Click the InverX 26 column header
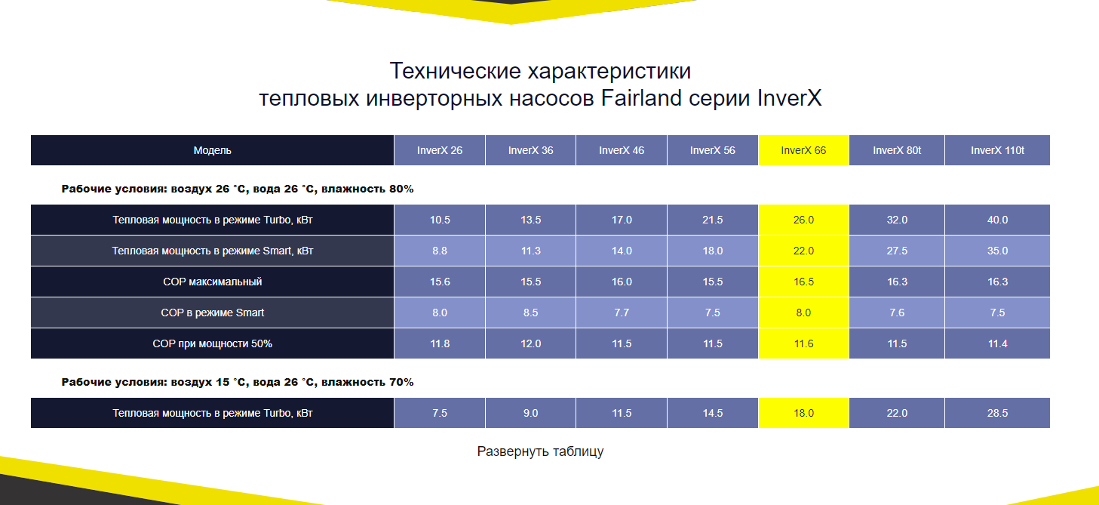click(x=440, y=150)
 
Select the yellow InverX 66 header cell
click(x=803, y=150)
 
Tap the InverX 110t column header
click(x=997, y=150)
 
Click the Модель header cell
click(x=212, y=150)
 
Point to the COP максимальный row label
click(x=212, y=282)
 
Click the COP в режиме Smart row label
click(x=212, y=313)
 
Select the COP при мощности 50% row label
click(x=212, y=343)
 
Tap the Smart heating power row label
click(x=212, y=251)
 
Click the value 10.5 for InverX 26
click(x=440, y=220)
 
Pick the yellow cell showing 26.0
click(x=803, y=220)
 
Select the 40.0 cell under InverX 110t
click(x=997, y=220)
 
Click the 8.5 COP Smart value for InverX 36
click(x=530, y=313)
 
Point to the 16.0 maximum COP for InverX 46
click(x=621, y=282)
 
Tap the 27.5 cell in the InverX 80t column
click(x=896, y=251)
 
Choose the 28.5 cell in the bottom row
click(x=997, y=413)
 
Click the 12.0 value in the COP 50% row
click(x=530, y=343)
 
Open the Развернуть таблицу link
click(x=540, y=451)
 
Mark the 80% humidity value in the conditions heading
click(x=401, y=189)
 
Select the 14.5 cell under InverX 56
click(x=712, y=413)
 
